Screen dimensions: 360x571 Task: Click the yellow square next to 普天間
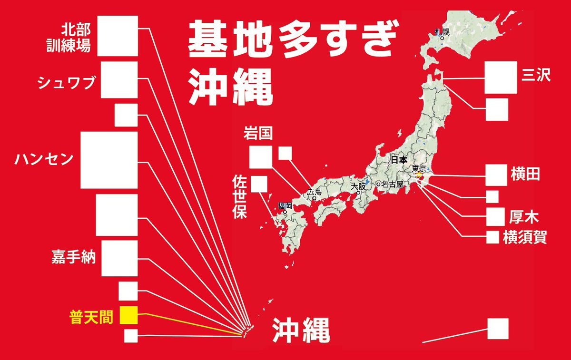coord(128,315)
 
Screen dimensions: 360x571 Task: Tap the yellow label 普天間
coord(92,317)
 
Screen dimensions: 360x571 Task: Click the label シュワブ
coord(67,84)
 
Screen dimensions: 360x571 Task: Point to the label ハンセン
coord(44,158)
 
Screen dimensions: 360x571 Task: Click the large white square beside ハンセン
coord(109,160)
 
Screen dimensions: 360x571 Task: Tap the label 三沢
coord(536,75)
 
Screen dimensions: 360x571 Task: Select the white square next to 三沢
coord(501,78)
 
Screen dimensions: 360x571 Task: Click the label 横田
coord(526,174)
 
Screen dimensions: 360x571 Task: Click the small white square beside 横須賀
coord(492,237)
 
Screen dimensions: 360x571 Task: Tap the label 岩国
coord(258,133)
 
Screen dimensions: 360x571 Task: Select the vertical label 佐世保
coord(239,196)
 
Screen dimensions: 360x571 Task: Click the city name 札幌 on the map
coord(442,32)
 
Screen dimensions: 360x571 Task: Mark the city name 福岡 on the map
coord(285,206)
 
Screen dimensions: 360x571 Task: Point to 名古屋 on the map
coord(392,184)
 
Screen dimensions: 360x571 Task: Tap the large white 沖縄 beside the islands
coord(301,330)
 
